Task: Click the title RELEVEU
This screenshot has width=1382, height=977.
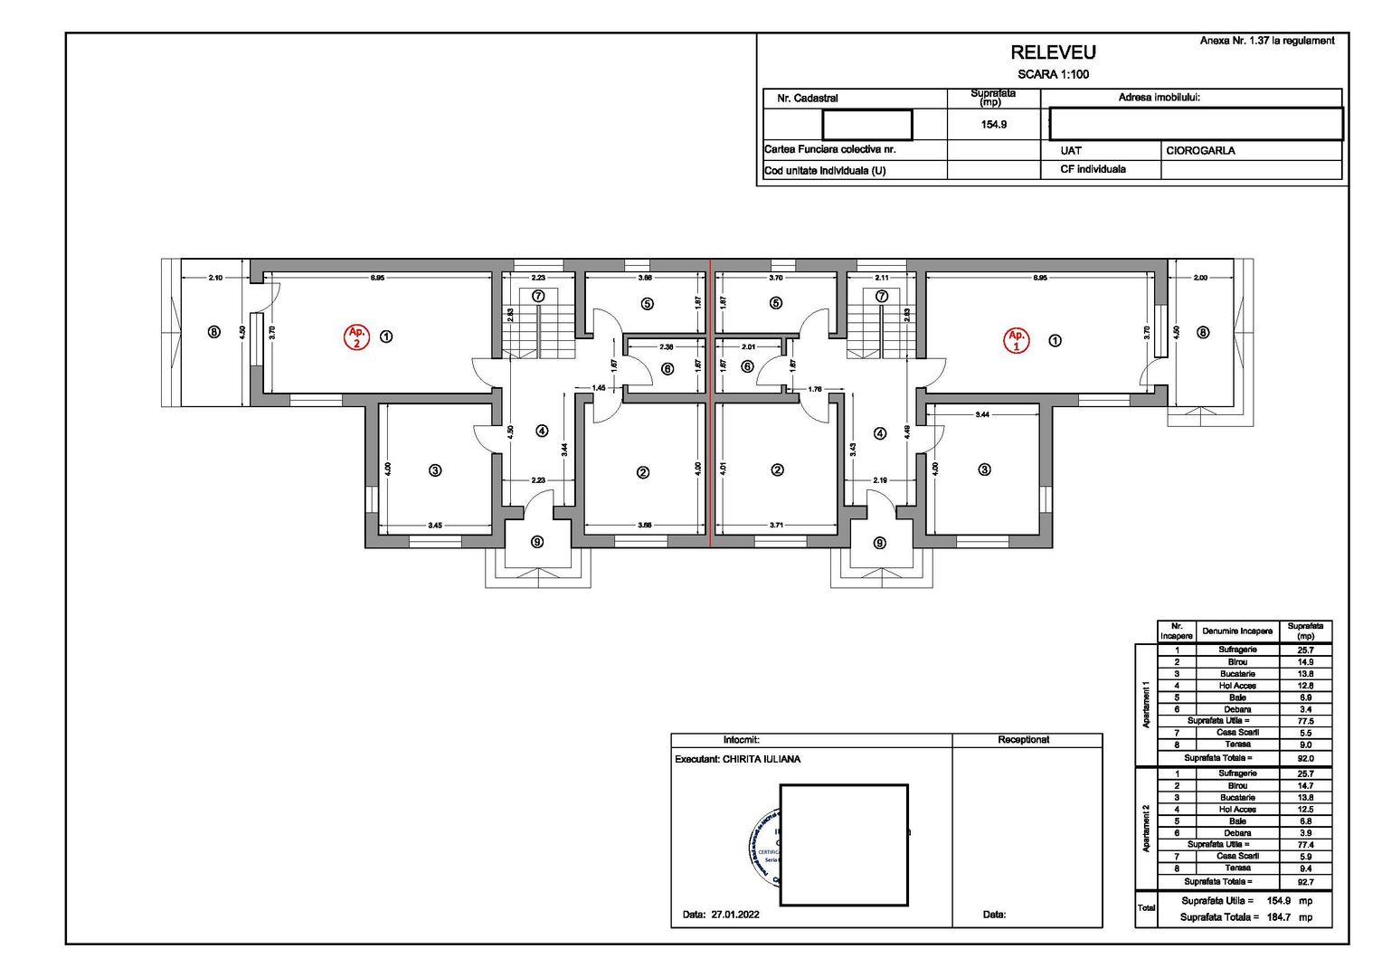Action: pyautogui.click(x=1053, y=52)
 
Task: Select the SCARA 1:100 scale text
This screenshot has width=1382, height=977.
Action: pyautogui.click(x=1053, y=74)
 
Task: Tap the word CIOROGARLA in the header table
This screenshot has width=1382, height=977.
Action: pyautogui.click(x=1200, y=151)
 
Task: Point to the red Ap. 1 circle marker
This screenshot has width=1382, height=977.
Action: pyautogui.click(x=1017, y=340)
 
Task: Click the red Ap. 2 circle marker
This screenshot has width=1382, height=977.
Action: pyautogui.click(x=356, y=337)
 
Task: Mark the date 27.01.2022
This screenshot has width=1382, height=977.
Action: pyautogui.click(x=734, y=915)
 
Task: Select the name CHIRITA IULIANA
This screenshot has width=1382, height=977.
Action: pyautogui.click(x=761, y=759)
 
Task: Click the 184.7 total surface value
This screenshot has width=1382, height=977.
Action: pyautogui.click(x=1278, y=917)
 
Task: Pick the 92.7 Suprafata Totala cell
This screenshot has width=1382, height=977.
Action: pyautogui.click(x=1305, y=881)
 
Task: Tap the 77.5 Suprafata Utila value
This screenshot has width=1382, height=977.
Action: pyautogui.click(x=1305, y=721)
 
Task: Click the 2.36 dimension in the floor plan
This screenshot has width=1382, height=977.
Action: pyautogui.click(x=666, y=346)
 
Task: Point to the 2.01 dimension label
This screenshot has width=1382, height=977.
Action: pyautogui.click(x=748, y=346)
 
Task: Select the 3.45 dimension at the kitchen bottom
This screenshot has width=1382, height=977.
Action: pyautogui.click(x=435, y=525)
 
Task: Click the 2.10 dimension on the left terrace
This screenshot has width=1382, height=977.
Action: pyautogui.click(x=215, y=278)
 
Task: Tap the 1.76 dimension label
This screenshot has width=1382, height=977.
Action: pyautogui.click(x=814, y=389)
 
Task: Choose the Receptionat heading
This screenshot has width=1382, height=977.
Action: pyautogui.click(x=1023, y=740)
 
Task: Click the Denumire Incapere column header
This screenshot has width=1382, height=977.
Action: pyautogui.click(x=1236, y=631)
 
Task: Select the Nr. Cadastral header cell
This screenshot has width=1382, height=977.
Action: pyautogui.click(x=807, y=99)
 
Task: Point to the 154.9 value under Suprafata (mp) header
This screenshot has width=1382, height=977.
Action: pyautogui.click(x=993, y=125)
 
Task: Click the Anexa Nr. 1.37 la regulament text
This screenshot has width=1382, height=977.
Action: pyautogui.click(x=1266, y=41)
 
